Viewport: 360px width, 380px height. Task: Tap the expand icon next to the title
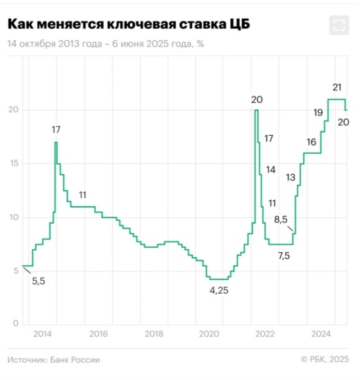[x=338, y=25]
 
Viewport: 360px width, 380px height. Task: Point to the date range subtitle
[x=106, y=44]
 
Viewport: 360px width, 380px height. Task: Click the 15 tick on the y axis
[x=14, y=164]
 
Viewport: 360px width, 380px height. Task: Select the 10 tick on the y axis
[x=14, y=217]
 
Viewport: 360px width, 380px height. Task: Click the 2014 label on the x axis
[x=42, y=334]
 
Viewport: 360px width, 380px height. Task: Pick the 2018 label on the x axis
[x=154, y=334]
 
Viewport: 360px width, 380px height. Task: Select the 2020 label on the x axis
[x=209, y=334]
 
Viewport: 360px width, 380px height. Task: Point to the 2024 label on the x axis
[x=321, y=334]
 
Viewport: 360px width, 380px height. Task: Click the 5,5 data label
[x=38, y=281]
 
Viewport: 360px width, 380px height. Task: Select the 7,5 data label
[x=284, y=255]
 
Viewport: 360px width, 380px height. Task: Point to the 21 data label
[x=338, y=87]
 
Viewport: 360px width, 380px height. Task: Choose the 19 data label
[x=317, y=112]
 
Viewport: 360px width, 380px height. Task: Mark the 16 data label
[x=311, y=142]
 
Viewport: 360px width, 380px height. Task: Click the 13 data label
[x=290, y=177]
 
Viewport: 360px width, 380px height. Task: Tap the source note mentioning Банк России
[x=53, y=360]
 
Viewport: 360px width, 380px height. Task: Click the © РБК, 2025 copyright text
[x=325, y=360]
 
